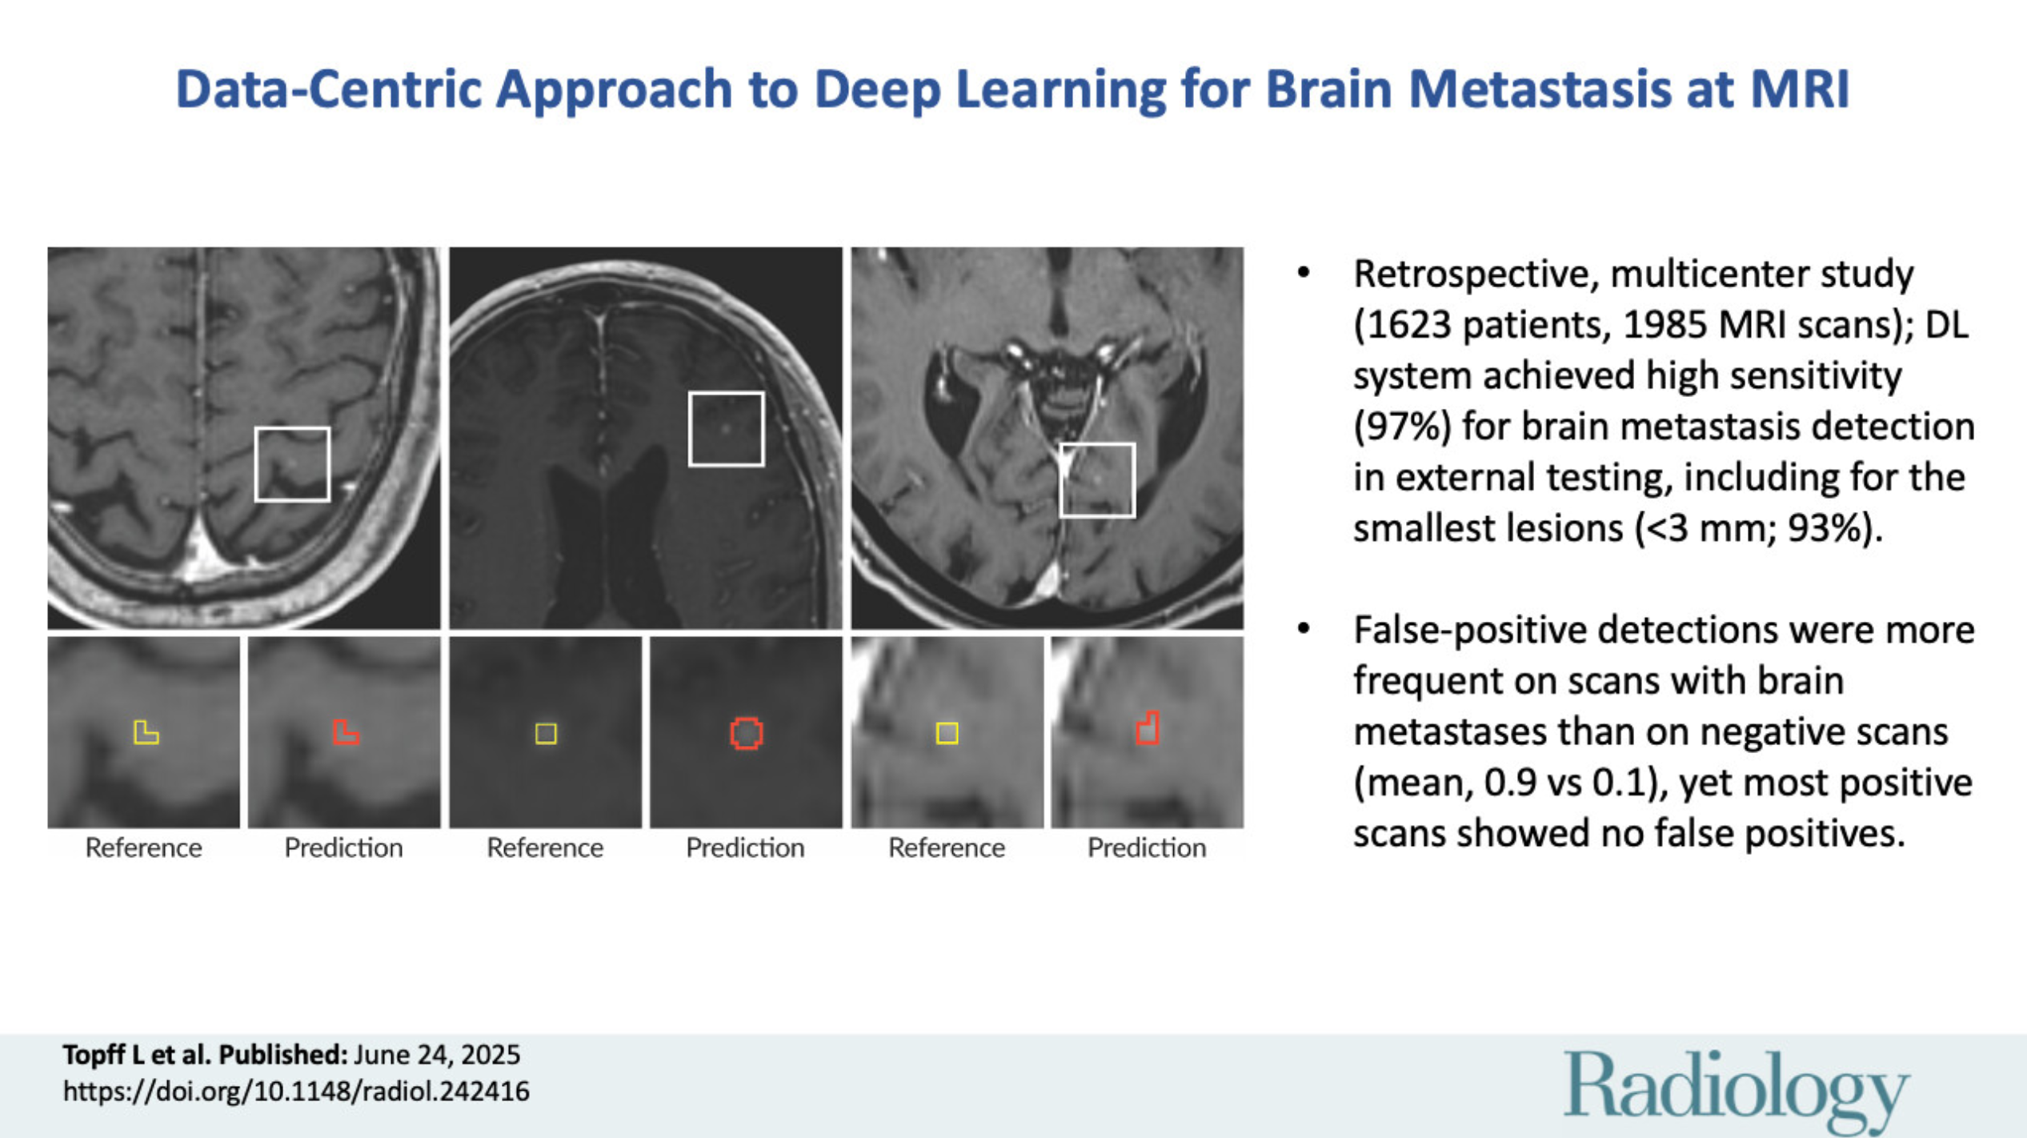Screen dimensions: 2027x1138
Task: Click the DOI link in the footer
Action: pyautogui.click(x=296, y=1092)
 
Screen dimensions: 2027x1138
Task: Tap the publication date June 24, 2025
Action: pyautogui.click(x=437, y=1055)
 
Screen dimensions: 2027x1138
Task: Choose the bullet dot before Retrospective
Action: pyautogui.click(x=1304, y=273)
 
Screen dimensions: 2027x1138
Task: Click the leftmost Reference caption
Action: pyautogui.click(x=144, y=847)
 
